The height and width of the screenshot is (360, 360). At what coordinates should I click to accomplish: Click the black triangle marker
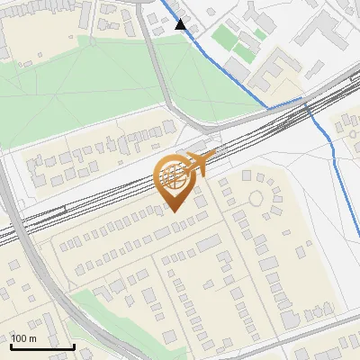click(x=181, y=25)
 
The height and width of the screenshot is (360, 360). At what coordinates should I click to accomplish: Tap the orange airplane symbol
click(x=202, y=163)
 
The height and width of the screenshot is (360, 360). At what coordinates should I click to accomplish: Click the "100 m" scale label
click(x=23, y=338)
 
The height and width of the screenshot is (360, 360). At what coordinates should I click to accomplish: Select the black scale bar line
click(x=42, y=346)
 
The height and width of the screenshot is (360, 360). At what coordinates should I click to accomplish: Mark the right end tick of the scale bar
click(x=74, y=345)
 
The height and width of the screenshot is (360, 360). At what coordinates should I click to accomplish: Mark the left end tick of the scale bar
click(x=11, y=345)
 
